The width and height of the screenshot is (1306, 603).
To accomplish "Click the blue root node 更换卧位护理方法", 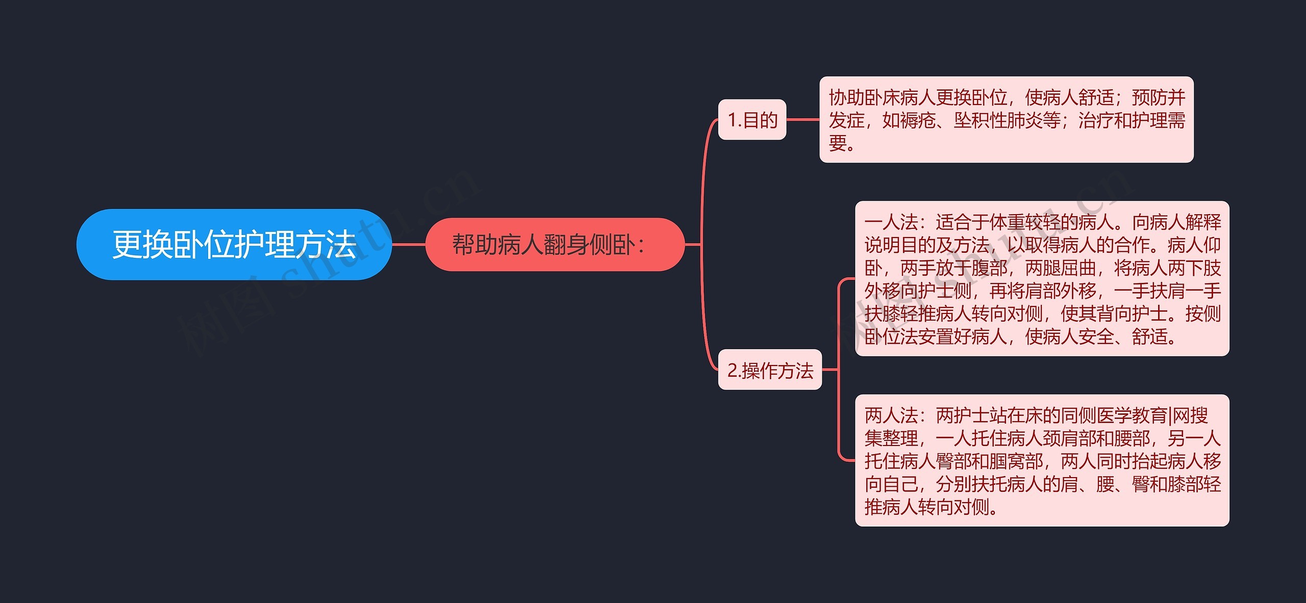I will pos(234,245).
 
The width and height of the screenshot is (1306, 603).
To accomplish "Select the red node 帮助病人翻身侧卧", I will pos(554,245).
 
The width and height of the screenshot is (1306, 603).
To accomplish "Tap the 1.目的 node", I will pos(752,120).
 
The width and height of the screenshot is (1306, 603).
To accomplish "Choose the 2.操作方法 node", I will pos(770,371).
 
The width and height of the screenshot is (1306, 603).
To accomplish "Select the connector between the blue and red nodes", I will pos(409,245).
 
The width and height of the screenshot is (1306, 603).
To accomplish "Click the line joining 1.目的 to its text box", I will pos(802,120).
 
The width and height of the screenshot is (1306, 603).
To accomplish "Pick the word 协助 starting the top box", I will pos(847,97).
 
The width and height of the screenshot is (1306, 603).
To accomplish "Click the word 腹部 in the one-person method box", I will pos(990,268).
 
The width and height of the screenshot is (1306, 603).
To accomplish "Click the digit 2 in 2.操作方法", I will pos(732,371).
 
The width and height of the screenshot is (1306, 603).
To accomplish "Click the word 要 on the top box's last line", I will pos(838,143).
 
